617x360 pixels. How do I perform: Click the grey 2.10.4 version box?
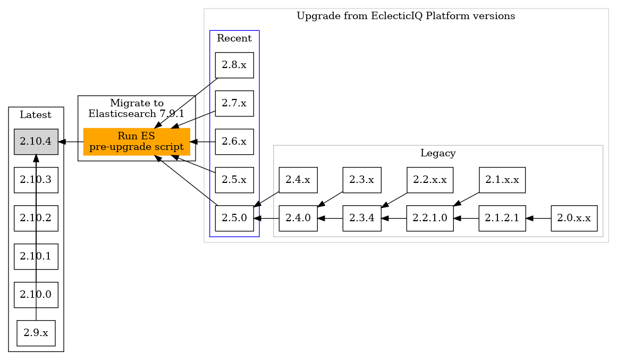36,141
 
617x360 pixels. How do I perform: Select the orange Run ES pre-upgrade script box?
137,141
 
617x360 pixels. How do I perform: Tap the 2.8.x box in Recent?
234,65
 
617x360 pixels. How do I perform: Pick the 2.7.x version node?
234,103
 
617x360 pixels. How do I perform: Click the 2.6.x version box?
234,141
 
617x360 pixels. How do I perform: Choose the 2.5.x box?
234,180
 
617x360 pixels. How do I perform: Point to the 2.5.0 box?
234,218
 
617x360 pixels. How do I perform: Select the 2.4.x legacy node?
298,180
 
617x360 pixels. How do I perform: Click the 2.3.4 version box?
361,218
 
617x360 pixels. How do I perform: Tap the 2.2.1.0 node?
429,218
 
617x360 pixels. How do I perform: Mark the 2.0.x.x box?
574,218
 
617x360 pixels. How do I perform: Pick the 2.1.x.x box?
502,180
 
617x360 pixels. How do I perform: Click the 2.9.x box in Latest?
36,333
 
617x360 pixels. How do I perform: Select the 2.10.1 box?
36,256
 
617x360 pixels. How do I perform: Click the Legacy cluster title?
437,154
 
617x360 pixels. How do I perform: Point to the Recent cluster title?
234,38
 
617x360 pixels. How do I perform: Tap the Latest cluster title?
36,115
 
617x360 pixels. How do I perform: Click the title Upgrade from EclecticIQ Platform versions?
405,16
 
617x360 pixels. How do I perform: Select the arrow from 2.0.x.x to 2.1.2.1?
538,218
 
